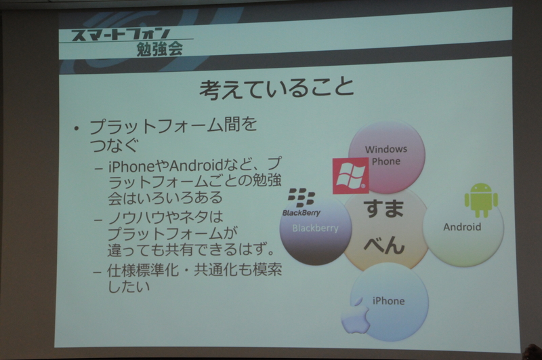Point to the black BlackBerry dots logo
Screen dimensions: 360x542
(301, 197)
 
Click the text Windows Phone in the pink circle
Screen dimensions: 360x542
(386, 155)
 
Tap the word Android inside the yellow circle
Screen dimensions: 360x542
(462, 227)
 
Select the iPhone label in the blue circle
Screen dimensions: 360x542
(388, 300)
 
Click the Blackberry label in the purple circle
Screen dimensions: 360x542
(314, 228)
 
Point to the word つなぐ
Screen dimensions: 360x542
(114, 144)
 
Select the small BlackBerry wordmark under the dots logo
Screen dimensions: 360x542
(300, 212)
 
